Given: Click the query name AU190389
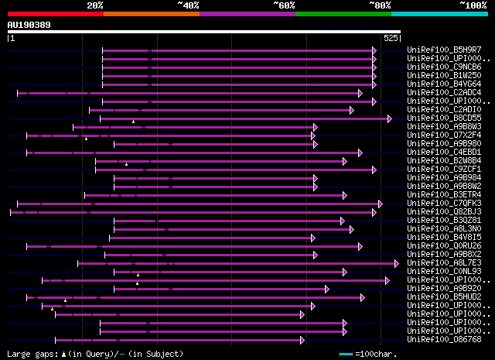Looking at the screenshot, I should tap(29, 25).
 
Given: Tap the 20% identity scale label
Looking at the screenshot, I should tap(95, 5).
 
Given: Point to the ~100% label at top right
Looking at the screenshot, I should tap(473, 5).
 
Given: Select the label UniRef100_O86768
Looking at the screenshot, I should tap(444, 339).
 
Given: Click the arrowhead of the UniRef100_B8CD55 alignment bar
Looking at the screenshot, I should tap(390, 118).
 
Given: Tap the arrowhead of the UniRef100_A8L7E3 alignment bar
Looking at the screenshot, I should tap(397, 263).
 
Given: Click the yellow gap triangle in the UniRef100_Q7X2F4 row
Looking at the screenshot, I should tap(86, 139).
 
